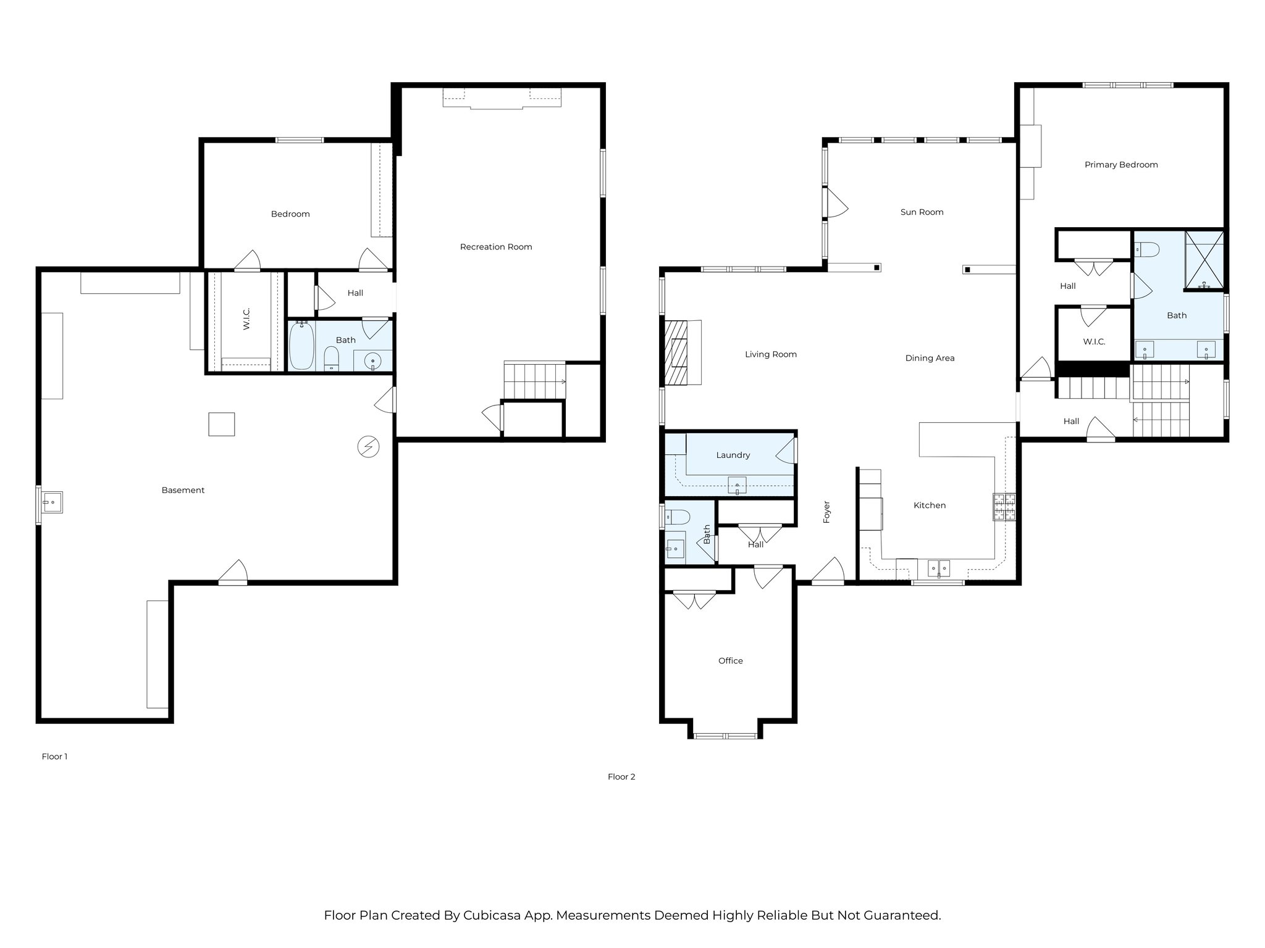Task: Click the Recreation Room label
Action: pos(496,247)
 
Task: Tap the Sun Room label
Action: pos(922,212)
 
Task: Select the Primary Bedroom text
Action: pos(1121,165)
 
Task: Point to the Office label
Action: pos(730,661)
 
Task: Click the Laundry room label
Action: pos(733,455)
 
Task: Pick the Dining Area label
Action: pos(930,358)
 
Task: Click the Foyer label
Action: pos(826,512)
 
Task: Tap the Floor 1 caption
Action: pos(54,757)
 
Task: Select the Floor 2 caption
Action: pos(621,777)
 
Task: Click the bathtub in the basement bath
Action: pos(301,345)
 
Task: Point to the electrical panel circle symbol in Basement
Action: pos(369,446)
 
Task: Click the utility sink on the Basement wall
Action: pos(52,502)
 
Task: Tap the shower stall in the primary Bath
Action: pos(1204,260)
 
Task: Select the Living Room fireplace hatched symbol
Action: pos(675,352)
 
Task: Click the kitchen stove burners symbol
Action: pos(1004,507)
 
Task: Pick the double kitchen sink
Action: pos(939,568)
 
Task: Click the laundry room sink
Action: pos(737,486)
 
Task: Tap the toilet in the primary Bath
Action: pos(1147,249)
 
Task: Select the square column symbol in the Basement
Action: pos(221,424)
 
